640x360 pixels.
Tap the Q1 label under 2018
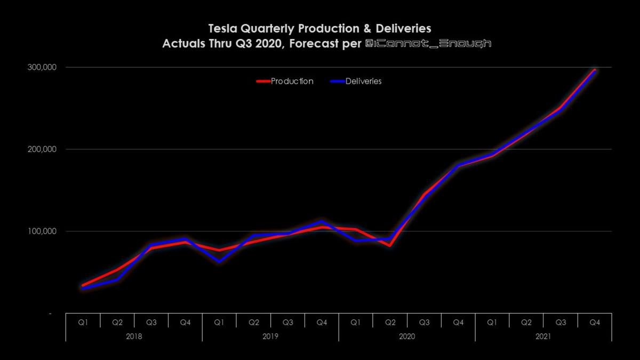(83, 322)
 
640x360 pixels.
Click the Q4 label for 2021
(595, 322)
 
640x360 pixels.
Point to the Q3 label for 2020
(424, 322)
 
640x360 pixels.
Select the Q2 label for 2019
(253, 322)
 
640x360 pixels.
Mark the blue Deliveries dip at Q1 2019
(219, 261)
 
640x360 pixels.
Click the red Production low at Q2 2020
(390, 245)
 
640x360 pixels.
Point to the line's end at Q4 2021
(595, 70)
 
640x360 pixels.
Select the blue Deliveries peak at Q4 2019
(322, 221)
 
